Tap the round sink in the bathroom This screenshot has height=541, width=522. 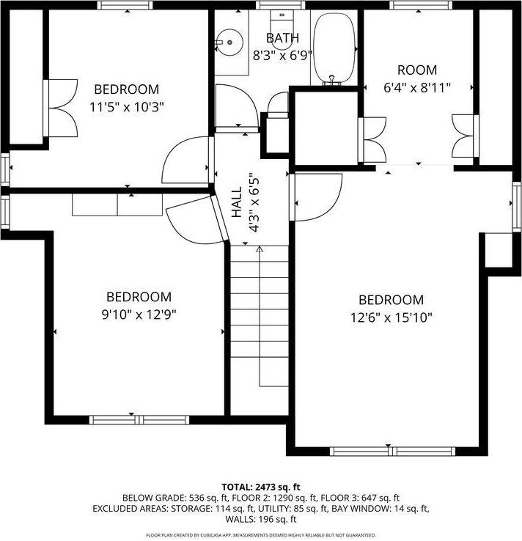(x=230, y=42)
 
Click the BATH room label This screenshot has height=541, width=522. (x=282, y=38)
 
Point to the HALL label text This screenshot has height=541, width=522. (x=237, y=203)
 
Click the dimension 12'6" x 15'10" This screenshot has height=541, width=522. (x=390, y=317)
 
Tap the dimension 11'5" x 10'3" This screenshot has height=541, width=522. (x=126, y=106)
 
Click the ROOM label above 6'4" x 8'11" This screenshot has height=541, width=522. (x=416, y=70)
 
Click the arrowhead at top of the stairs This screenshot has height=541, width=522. (x=259, y=250)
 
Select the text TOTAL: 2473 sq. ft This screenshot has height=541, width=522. (x=260, y=487)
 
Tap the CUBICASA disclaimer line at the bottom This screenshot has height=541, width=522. (x=260, y=535)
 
